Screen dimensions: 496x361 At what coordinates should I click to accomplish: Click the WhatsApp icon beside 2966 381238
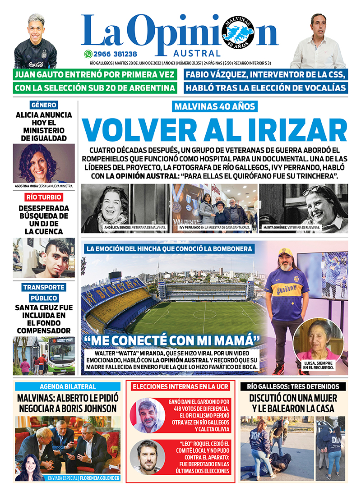click(88, 53)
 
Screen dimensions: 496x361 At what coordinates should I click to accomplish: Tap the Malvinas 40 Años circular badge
click(238, 34)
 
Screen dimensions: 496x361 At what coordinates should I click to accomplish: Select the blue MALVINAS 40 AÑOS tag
click(215, 107)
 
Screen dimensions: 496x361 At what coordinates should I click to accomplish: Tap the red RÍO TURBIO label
click(44, 197)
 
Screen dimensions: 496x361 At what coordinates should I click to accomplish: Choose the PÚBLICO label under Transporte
click(44, 298)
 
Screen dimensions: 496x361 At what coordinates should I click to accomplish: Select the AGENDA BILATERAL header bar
click(68, 386)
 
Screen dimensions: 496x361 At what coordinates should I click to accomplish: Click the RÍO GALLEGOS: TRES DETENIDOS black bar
click(293, 386)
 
